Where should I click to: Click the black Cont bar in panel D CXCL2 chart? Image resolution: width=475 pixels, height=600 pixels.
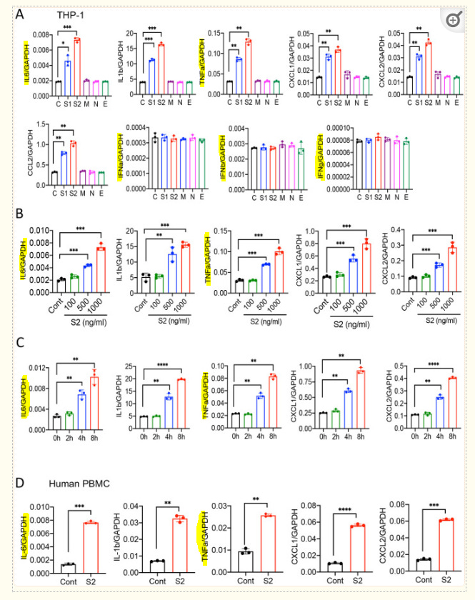[404, 565]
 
